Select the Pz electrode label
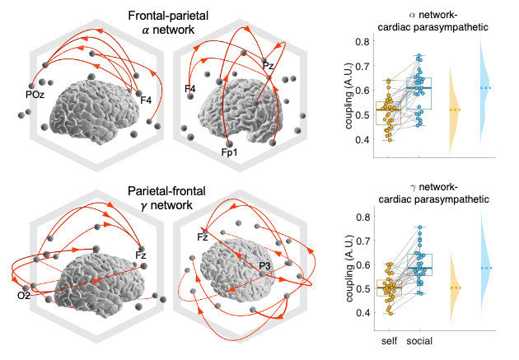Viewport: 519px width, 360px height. click(268, 65)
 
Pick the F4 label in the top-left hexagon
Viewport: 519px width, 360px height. click(145, 101)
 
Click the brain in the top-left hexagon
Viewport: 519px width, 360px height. click(93, 103)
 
